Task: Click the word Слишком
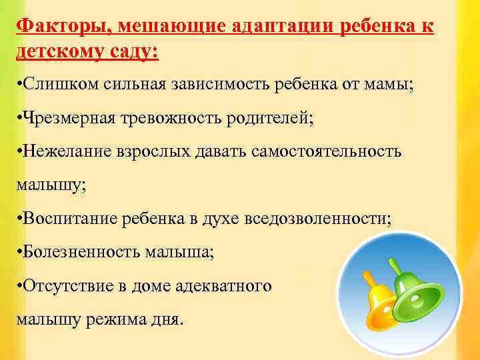[51, 85]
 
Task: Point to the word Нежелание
[62, 151]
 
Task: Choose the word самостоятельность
[327, 151]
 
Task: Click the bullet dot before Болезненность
[19, 252]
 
